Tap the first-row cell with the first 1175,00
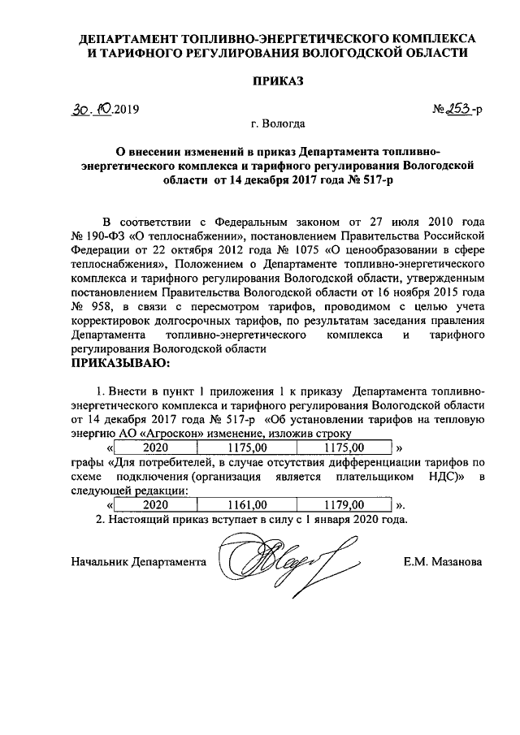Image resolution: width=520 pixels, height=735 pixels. (248, 447)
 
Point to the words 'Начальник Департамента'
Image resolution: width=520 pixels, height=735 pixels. (139, 561)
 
